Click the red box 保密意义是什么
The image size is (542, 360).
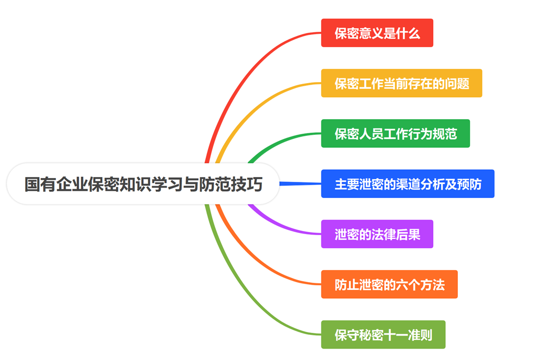[x=377, y=33]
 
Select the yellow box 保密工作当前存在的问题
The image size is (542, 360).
[x=401, y=83]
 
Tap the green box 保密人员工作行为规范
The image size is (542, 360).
[x=396, y=133]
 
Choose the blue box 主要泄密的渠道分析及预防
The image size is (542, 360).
[x=408, y=184]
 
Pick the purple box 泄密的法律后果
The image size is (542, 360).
[x=377, y=234]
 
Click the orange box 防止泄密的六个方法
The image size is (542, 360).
[x=389, y=284]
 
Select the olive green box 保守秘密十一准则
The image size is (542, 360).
[x=383, y=334]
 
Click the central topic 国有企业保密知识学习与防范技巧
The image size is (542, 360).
[x=143, y=184]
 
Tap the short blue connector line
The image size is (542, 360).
[x=301, y=184]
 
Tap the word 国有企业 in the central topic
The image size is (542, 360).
[x=55, y=184]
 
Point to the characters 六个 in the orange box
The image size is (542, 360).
[x=408, y=285]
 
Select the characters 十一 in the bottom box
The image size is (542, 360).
[x=396, y=335]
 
